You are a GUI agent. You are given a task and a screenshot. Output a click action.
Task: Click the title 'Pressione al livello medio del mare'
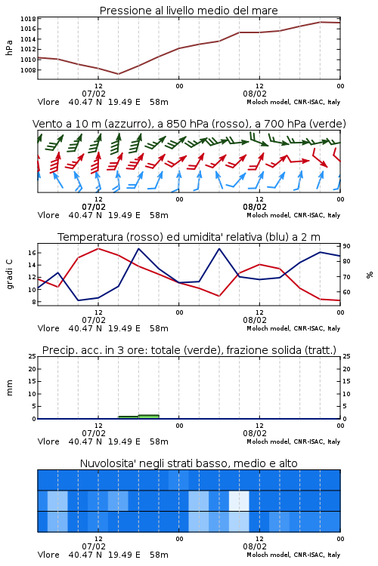(188, 11)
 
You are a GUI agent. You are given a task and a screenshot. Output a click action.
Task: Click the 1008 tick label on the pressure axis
(28, 70)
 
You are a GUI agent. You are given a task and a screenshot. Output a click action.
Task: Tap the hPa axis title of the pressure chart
(9, 48)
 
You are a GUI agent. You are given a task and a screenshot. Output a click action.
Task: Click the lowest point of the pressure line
(118, 74)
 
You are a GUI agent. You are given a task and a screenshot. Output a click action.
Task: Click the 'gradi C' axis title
(9, 275)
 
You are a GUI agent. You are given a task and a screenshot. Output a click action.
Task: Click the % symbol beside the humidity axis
(370, 275)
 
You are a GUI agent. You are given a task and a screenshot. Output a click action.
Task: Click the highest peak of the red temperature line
(98, 249)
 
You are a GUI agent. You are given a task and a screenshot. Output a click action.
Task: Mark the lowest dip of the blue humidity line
(78, 300)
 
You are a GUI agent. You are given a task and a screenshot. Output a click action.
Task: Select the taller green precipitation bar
(149, 417)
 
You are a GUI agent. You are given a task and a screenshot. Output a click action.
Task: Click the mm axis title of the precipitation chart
(9, 388)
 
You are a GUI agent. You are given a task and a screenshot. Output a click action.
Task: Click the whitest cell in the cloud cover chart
(239, 500)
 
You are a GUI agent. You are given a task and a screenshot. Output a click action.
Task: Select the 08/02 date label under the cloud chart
(255, 546)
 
